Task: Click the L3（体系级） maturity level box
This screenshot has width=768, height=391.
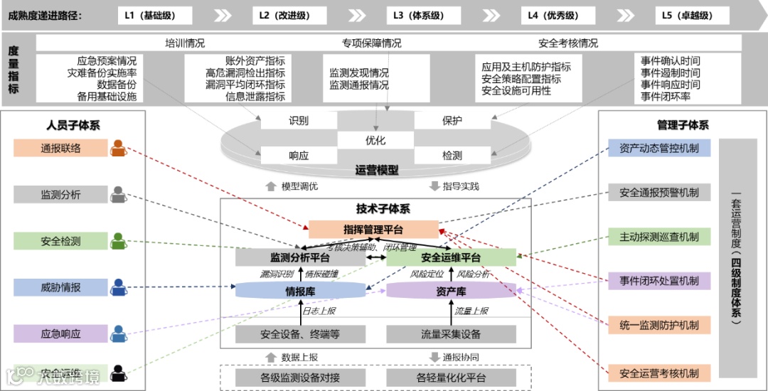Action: (418, 15)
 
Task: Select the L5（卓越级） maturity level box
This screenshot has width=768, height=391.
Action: (686, 15)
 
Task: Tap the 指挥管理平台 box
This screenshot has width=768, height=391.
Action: (373, 229)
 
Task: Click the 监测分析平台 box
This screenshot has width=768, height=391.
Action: (300, 257)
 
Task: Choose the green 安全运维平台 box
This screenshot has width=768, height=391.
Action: (451, 257)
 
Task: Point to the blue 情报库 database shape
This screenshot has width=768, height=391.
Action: (300, 291)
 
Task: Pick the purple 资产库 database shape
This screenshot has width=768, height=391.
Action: (451, 291)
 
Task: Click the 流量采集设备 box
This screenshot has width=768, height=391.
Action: (451, 334)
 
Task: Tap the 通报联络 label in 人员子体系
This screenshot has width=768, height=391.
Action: (60, 149)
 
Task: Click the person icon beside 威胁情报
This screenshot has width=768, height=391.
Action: (118, 287)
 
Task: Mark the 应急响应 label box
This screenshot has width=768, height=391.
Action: (60, 333)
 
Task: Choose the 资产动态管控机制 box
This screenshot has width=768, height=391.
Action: (659, 149)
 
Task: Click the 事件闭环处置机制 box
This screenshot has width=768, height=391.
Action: (659, 281)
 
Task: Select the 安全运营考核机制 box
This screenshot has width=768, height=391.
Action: (659, 373)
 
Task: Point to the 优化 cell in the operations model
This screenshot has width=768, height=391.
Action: (375, 141)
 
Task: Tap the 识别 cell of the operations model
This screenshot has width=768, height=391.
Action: (299, 121)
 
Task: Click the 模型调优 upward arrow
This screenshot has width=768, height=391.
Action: (270, 186)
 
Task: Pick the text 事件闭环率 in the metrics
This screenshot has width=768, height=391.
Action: (666, 97)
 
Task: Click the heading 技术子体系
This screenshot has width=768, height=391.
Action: (383, 209)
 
